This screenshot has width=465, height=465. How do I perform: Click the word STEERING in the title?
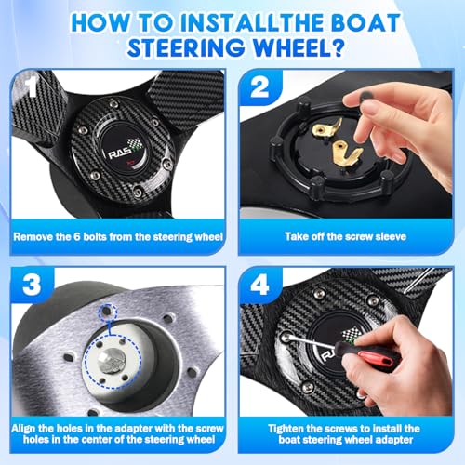(185, 47)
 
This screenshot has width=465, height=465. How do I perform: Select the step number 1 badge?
(32, 87)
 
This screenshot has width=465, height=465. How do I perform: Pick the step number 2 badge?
(259, 87)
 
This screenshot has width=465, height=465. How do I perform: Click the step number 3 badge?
(32, 285)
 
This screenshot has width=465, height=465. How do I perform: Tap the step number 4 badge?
(259, 285)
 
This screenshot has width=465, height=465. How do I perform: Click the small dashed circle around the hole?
(108, 310)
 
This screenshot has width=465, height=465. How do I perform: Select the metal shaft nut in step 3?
(111, 360)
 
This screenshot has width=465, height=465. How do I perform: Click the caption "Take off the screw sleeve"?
(345, 237)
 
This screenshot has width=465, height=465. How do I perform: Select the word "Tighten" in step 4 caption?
(286, 429)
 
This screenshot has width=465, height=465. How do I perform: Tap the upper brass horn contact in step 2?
(327, 127)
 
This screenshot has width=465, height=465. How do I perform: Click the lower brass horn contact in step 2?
(347, 153)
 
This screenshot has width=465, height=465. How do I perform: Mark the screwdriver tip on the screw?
(286, 336)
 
